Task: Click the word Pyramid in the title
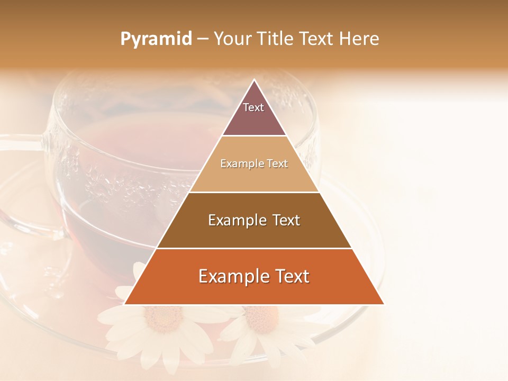pyautogui.click(x=156, y=39)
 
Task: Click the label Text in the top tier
pyautogui.click(x=253, y=107)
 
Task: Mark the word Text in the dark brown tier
pyautogui.click(x=284, y=220)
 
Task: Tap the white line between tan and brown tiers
pyautogui.click(x=254, y=192)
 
